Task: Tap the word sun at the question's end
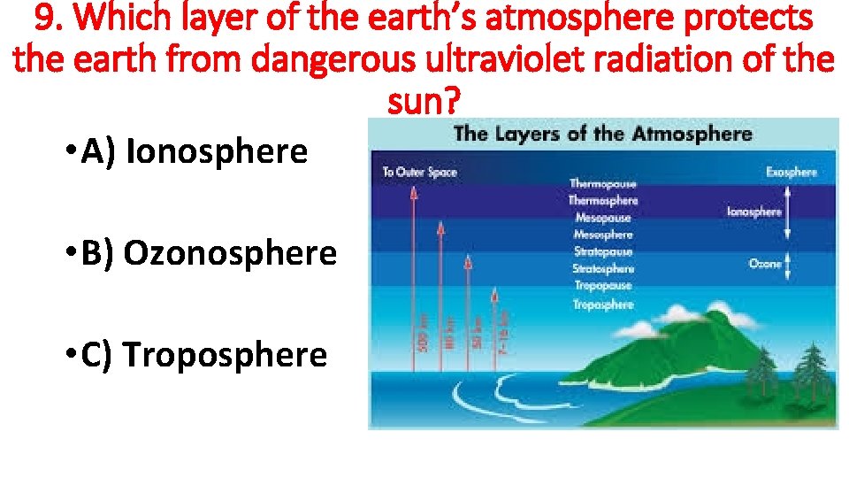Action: (424, 103)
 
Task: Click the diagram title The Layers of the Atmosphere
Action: (602, 135)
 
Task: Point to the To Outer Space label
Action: (419, 172)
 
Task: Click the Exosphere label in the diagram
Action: (791, 172)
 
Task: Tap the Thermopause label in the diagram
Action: (602, 184)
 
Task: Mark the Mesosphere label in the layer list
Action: (602, 235)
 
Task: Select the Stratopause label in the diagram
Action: (602, 251)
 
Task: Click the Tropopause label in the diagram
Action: (602, 286)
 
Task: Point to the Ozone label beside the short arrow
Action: (765, 264)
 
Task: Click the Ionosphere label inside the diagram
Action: (753, 212)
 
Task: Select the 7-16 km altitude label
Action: (505, 328)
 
